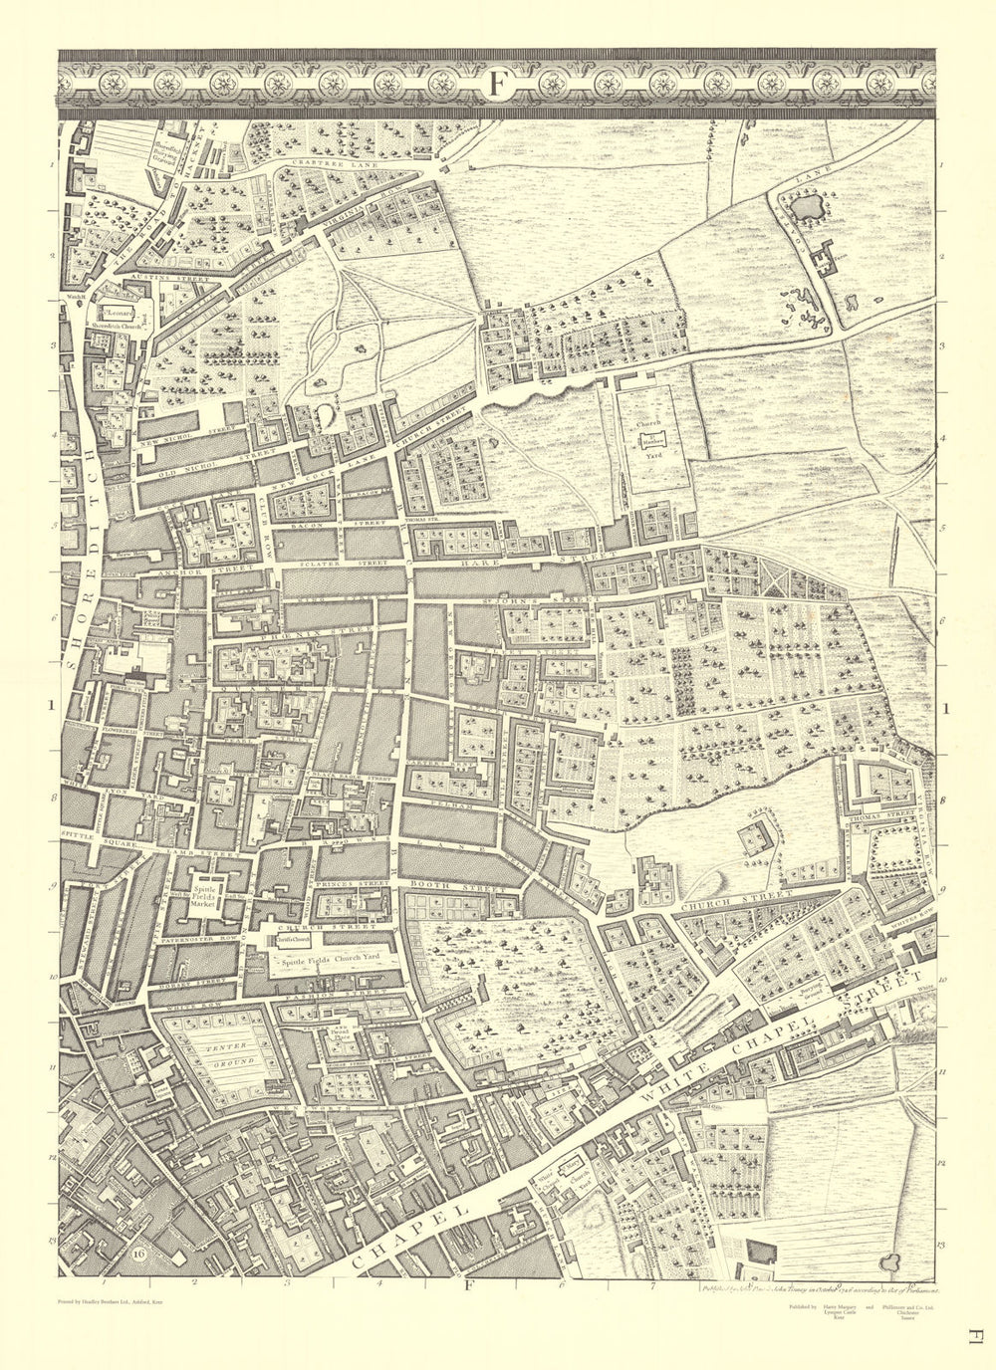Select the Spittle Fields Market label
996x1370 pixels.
point(205,896)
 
